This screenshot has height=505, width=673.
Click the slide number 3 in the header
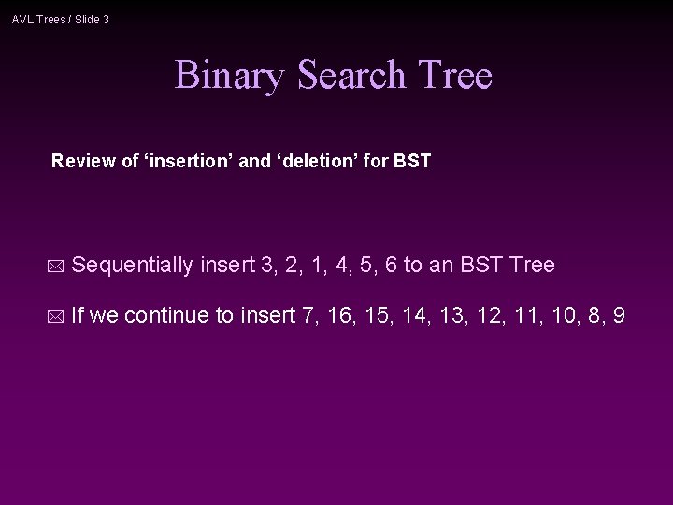coord(106,18)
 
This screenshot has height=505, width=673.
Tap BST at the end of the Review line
coord(413,161)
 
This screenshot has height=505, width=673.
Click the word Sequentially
coord(132,266)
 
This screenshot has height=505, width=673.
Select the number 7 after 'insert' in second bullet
coord(308,317)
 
